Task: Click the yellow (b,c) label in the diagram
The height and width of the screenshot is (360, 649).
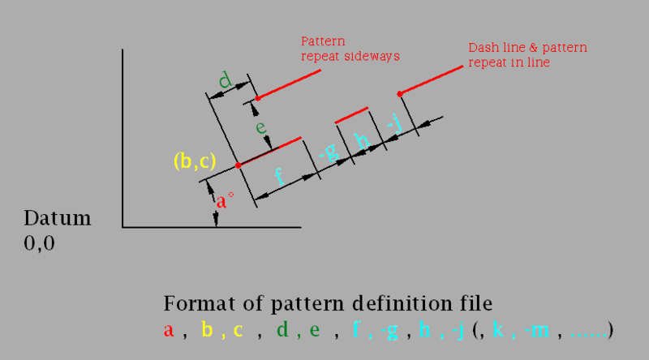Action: click(194, 161)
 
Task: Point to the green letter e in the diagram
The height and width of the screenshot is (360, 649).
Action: click(260, 127)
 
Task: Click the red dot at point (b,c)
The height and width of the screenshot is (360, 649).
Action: click(238, 165)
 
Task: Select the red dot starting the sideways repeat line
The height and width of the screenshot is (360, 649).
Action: click(258, 98)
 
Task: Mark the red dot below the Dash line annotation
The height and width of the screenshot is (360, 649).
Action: click(398, 93)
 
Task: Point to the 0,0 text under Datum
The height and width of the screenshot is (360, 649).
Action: click(40, 242)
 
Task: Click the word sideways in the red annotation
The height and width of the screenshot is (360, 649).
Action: click(374, 56)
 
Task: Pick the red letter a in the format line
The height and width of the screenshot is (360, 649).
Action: click(169, 331)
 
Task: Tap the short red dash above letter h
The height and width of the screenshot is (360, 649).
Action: click(351, 114)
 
